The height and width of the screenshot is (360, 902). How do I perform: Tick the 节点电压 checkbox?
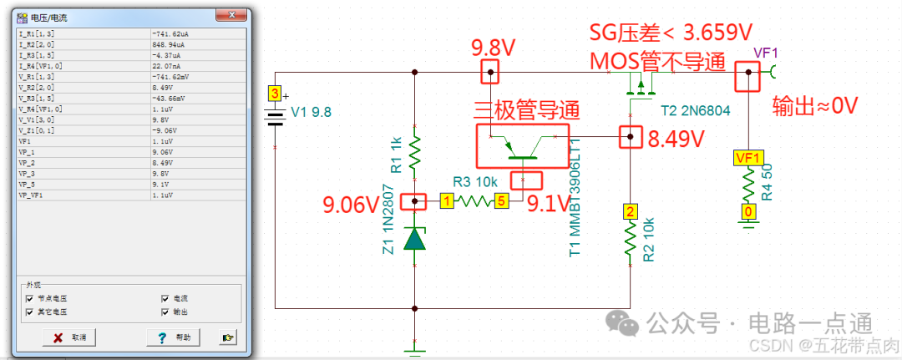click(x=30, y=298)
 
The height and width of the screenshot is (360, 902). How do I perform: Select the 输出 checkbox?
click(x=165, y=312)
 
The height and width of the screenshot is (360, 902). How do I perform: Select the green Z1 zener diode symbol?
click(x=415, y=240)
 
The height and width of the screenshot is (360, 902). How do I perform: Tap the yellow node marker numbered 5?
click(x=501, y=201)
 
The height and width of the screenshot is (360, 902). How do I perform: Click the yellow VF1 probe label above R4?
click(x=747, y=158)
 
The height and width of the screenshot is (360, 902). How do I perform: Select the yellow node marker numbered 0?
click(x=749, y=213)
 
